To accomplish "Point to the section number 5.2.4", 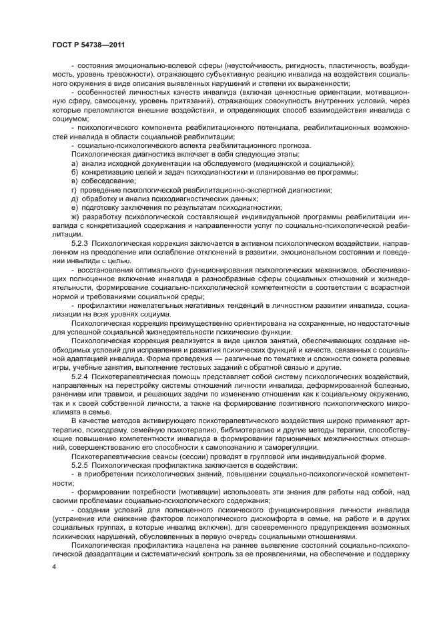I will [83, 376].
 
